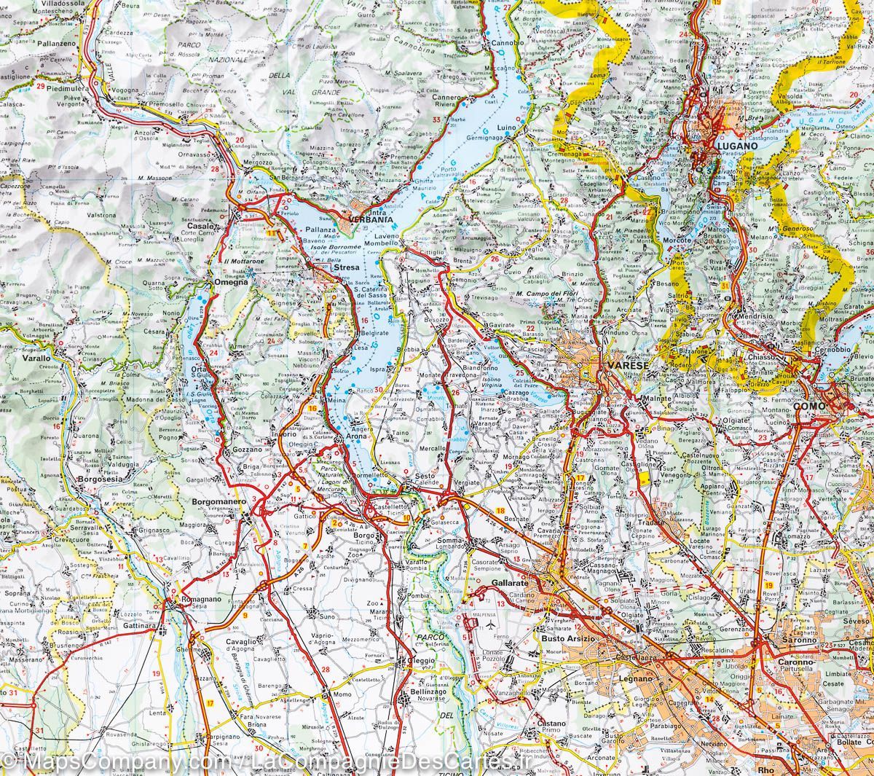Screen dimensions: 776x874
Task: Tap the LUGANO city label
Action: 737,145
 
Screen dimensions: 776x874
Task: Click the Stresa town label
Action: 342,269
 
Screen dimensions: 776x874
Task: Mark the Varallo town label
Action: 35,358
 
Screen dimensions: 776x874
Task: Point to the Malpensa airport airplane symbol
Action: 492,626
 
